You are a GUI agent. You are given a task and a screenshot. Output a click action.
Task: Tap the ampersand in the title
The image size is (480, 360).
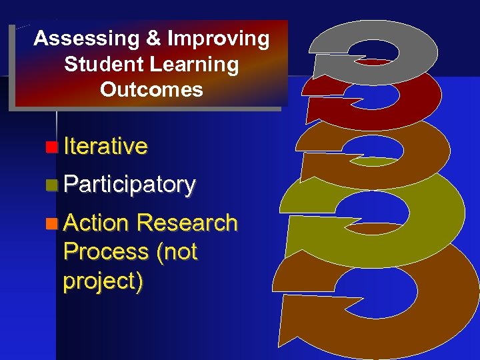pos(153,39)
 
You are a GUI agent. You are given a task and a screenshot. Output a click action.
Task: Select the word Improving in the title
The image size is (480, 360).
pos(218,39)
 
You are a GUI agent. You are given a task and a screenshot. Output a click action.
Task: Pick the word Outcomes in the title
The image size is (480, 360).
pos(151,89)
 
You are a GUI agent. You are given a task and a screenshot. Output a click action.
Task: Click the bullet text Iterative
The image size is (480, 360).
pos(105,146)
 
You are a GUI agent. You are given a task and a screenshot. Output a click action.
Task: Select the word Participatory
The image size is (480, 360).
pos(129,185)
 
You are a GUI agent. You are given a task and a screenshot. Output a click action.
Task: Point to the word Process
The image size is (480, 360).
pos(105,251)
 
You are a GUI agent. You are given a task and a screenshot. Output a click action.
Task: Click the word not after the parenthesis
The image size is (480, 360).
pos(179,252)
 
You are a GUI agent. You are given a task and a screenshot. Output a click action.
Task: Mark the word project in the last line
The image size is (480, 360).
pos(100,281)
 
